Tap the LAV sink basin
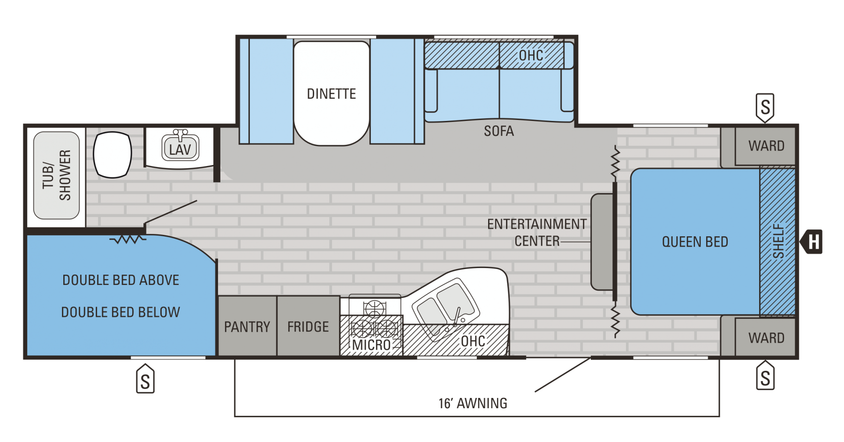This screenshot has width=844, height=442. click(181, 148)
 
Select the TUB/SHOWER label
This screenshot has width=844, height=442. click(56, 175)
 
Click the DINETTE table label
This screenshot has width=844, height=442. click(332, 94)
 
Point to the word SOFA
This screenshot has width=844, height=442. click(499, 131)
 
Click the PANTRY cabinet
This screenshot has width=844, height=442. click(248, 326)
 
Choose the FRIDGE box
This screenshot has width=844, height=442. click(309, 326)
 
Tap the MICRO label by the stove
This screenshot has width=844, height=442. click(371, 345)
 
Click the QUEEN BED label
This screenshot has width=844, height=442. click(695, 242)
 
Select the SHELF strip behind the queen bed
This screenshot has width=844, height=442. click(777, 242)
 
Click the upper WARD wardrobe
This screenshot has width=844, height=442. click(765, 146)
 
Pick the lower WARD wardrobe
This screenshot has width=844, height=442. click(765, 337)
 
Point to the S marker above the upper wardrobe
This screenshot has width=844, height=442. click(765, 108)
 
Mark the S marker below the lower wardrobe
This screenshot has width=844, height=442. click(765, 375)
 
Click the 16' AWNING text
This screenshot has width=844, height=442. click(473, 404)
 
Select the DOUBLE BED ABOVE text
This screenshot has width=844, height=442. click(121, 280)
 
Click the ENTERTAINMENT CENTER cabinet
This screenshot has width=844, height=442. click(602, 242)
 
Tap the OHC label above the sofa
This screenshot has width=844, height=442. click(531, 56)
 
